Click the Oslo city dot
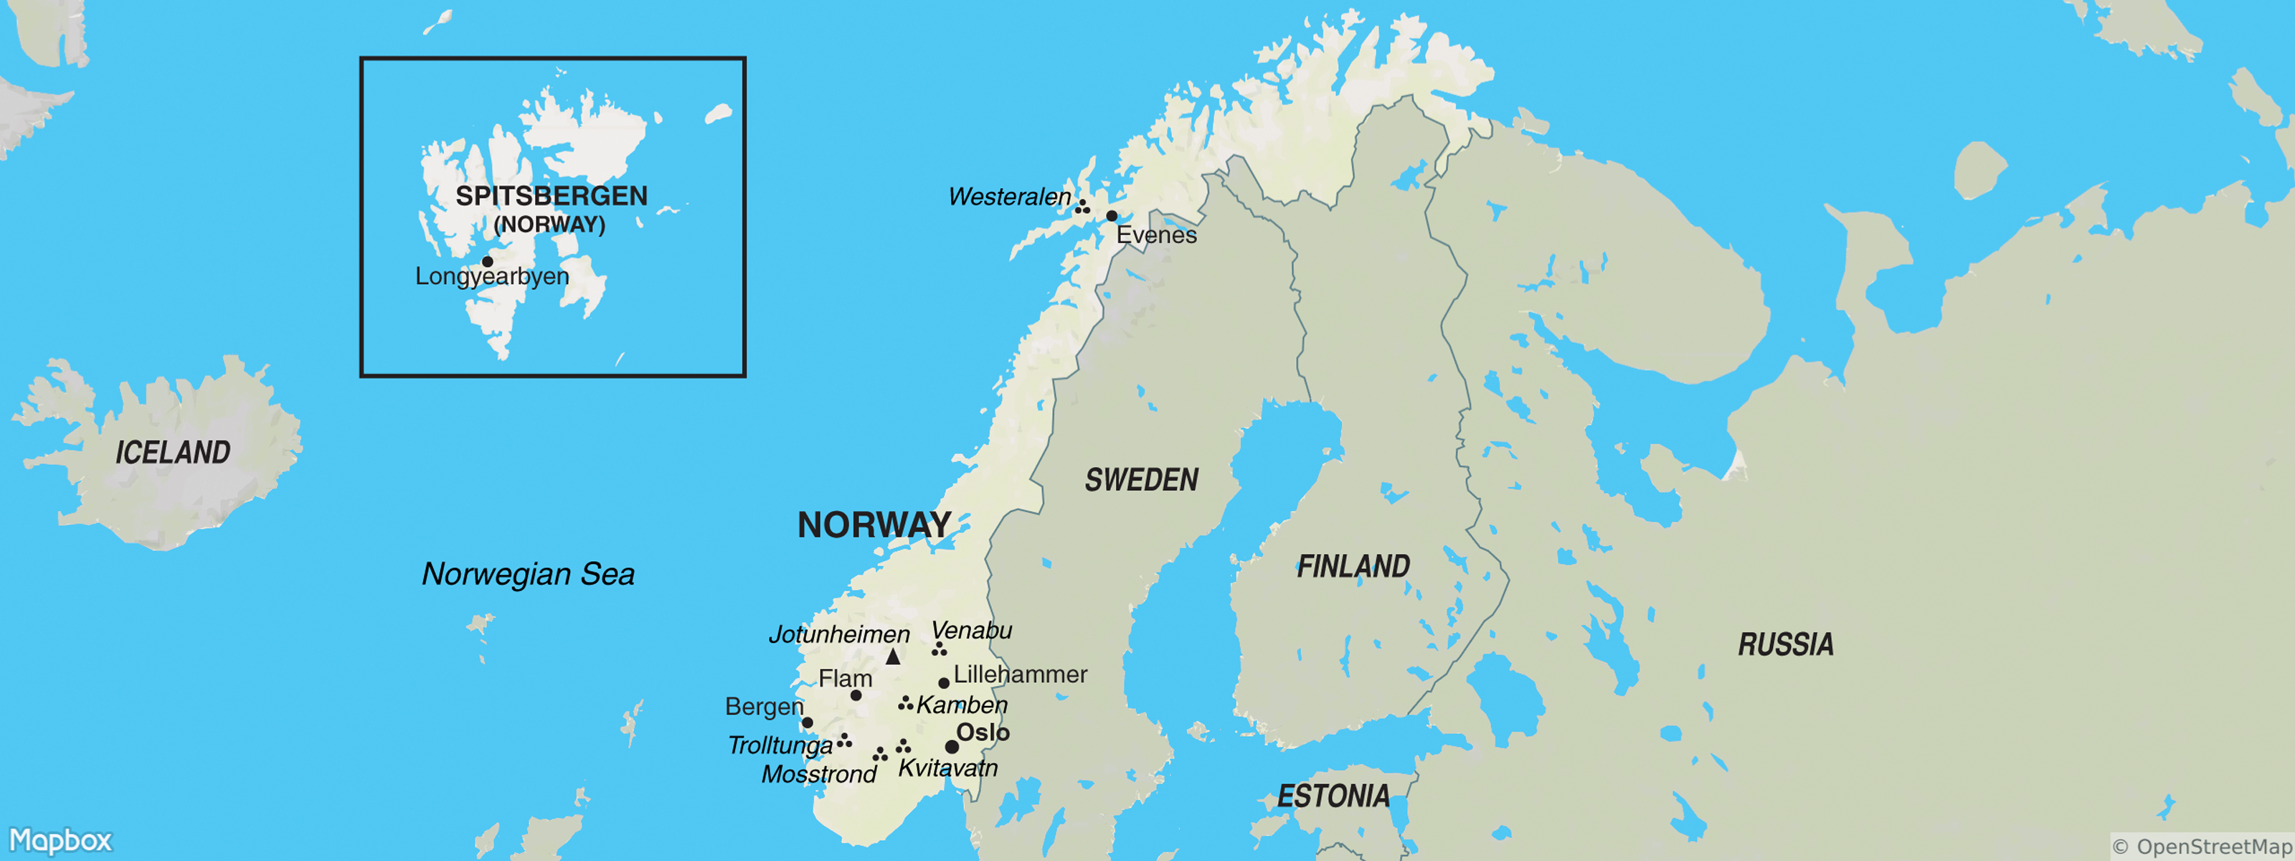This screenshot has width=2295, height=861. (x=952, y=747)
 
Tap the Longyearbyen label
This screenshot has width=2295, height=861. (x=492, y=276)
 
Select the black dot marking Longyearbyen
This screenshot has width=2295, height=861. (x=488, y=261)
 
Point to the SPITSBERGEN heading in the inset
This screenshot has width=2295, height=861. (x=552, y=196)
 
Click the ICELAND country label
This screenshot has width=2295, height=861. (x=173, y=453)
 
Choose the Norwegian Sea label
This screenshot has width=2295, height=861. (x=529, y=574)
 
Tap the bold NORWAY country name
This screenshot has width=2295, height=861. (x=874, y=525)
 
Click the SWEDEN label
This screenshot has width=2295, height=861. (x=1141, y=481)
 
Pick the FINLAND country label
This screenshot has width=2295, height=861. (x=1353, y=566)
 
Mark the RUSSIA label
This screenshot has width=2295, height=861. (x=1785, y=644)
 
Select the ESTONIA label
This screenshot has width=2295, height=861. (x=1333, y=796)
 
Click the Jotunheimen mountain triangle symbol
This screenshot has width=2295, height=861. (x=893, y=657)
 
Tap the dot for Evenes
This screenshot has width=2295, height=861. (x=1112, y=216)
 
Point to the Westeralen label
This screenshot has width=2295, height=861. (x=1009, y=197)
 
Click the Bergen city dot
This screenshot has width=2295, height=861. (x=807, y=723)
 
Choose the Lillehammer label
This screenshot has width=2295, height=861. (x=1020, y=674)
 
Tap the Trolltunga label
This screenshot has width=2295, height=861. (x=780, y=745)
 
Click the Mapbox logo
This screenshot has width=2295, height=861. (x=60, y=840)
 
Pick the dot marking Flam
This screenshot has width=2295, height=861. (x=856, y=695)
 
